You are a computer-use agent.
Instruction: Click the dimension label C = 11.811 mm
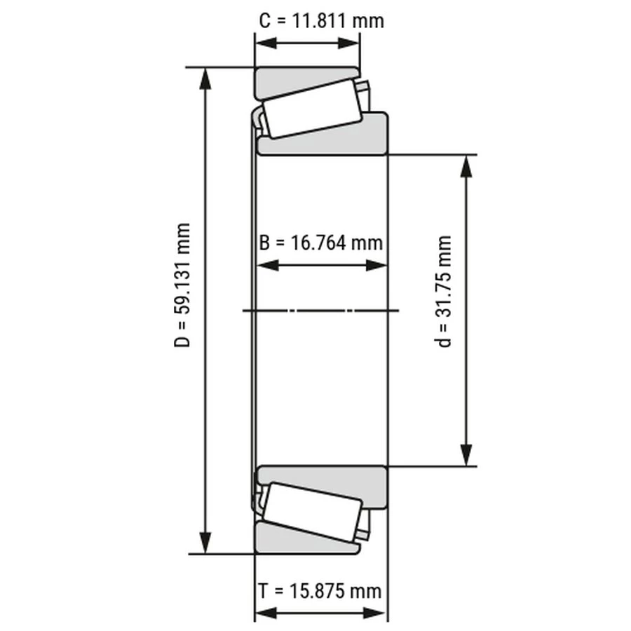coord(321,20)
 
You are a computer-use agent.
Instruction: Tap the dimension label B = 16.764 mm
coord(320,243)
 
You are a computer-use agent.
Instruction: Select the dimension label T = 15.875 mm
coord(320,591)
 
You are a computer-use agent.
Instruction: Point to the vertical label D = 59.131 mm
coord(182,285)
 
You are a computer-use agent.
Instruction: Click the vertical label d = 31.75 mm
coord(445,292)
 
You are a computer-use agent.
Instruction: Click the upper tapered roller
coord(313,109)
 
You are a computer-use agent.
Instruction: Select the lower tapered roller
coord(313,512)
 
